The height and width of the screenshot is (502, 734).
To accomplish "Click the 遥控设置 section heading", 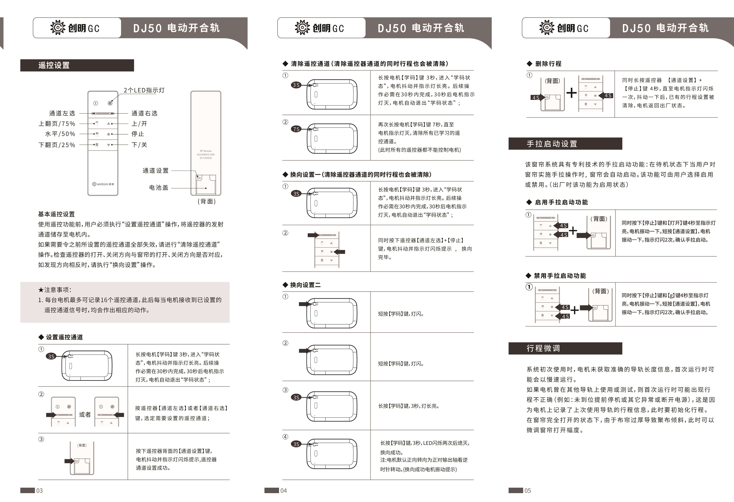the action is coord(54,65).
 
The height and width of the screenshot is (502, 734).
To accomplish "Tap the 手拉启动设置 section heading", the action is coord(552,144).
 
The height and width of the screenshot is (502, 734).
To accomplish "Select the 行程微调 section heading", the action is coord(543,348).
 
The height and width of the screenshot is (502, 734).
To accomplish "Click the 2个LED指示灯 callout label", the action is coord(144,90).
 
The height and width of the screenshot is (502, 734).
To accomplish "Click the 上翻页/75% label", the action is coord(57,124).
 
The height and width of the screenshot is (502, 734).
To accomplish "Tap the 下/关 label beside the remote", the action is coord(139,145).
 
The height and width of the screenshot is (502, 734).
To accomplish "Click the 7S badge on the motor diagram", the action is coord(296,129).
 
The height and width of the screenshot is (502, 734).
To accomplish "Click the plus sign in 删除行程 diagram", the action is coord(571,93).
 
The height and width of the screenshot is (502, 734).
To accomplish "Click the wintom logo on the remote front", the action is coord(103,184).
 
